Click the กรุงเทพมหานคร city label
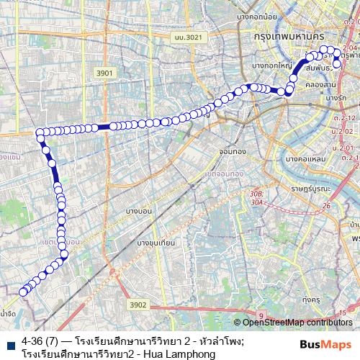click(286, 35)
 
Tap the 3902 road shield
click(138, 305)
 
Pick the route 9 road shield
click(261, 314)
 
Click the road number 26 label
click(326, 207)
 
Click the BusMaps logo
click(325, 345)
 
